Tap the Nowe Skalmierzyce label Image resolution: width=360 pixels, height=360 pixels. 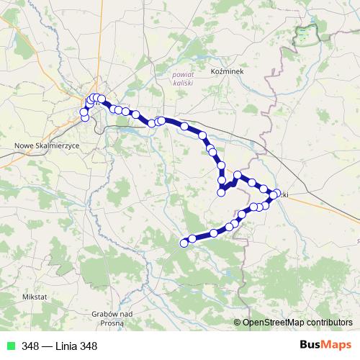point(47,145)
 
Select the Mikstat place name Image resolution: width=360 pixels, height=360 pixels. point(35,296)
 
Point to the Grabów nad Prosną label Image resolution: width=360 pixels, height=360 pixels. point(112,318)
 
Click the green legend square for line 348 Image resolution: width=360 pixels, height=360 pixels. point(10,346)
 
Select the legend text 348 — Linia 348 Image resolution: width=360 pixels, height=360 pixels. point(59,346)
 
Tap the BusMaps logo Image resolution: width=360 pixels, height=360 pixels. point(326,345)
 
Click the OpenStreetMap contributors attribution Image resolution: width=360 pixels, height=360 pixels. point(297,322)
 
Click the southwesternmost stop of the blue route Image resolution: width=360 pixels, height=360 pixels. point(184,243)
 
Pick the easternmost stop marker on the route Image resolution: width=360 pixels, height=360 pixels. point(276,193)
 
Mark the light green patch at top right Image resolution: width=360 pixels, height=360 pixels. point(306,32)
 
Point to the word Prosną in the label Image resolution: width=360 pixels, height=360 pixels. point(112,322)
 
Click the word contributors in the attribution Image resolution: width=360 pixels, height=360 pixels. point(327,322)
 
